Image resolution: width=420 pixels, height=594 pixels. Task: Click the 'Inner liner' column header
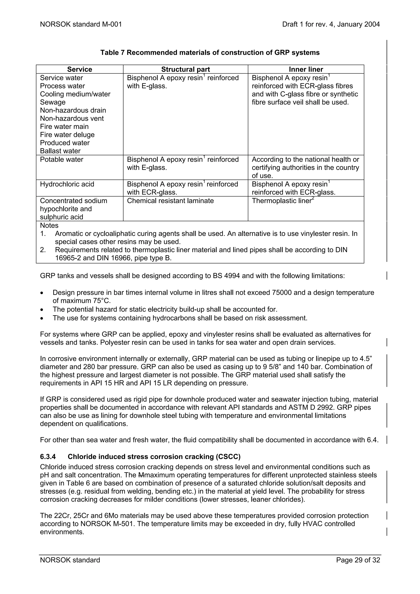click(x=306, y=69)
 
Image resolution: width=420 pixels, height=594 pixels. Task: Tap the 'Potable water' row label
click(x=62, y=159)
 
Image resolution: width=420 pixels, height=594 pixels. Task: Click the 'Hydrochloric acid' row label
click(x=67, y=184)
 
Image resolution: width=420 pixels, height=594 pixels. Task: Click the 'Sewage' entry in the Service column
click(x=53, y=102)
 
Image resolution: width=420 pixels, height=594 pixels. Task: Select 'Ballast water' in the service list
click(x=60, y=151)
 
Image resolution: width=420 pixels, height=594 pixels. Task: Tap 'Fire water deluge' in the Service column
click(x=67, y=135)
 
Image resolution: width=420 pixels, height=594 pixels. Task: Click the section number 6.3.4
click(x=48, y=457)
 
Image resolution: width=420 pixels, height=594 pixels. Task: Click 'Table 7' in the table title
click(x=113, y=53)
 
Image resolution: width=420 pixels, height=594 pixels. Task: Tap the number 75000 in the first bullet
click(x=282, y=293)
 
